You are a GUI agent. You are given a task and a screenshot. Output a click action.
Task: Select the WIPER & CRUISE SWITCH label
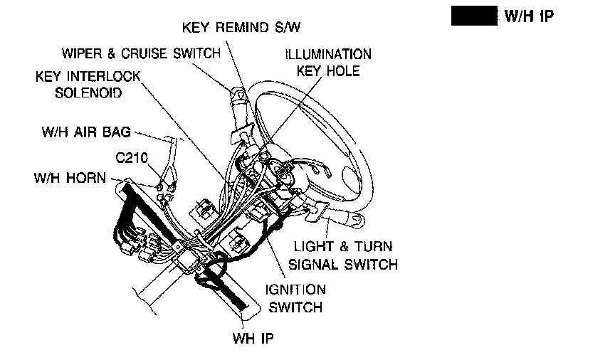140,54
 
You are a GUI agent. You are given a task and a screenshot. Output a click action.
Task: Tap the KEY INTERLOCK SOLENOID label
88,84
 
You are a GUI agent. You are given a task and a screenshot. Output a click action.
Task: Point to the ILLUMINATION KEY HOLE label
328,63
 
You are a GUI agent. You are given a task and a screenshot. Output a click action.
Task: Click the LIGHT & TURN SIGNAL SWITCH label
342,255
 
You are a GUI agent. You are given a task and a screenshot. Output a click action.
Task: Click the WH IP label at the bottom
253,337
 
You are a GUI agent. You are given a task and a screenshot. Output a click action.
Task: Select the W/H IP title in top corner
528,16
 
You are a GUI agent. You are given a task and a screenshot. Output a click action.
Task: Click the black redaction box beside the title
473,16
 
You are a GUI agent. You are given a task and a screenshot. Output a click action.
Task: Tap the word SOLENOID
88,93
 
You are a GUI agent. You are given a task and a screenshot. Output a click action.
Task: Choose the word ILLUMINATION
328,54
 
